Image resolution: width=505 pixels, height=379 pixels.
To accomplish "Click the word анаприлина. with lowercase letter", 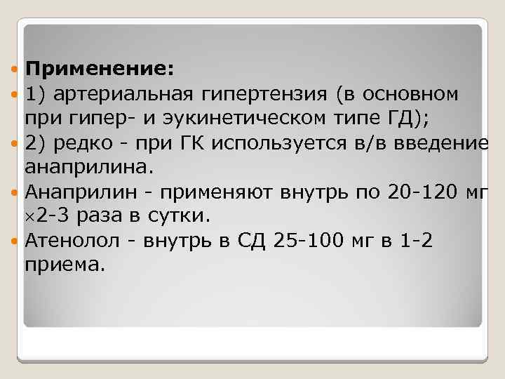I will pos(87,168).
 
